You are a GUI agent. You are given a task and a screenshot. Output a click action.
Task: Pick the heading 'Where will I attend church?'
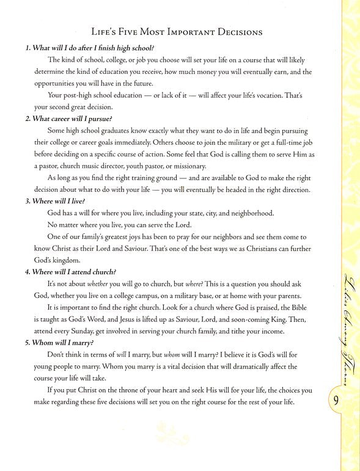point(73,272)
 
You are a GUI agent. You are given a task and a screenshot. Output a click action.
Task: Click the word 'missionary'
point(188,166)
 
